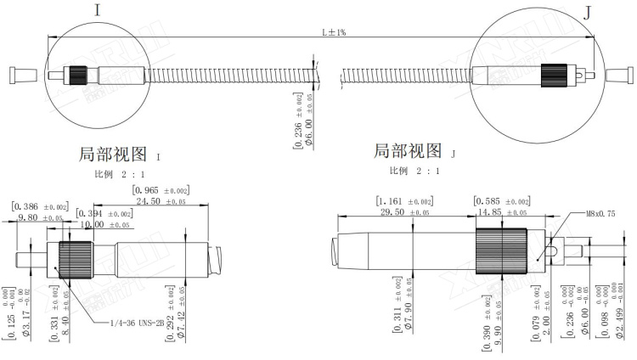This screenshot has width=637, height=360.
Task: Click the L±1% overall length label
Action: pyautogui.click(x=333, y=31)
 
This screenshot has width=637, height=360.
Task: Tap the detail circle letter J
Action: pyautogui.click(x=586, y=11)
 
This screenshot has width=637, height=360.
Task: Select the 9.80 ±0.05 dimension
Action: pyautogui.click(x=39, y=218)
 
